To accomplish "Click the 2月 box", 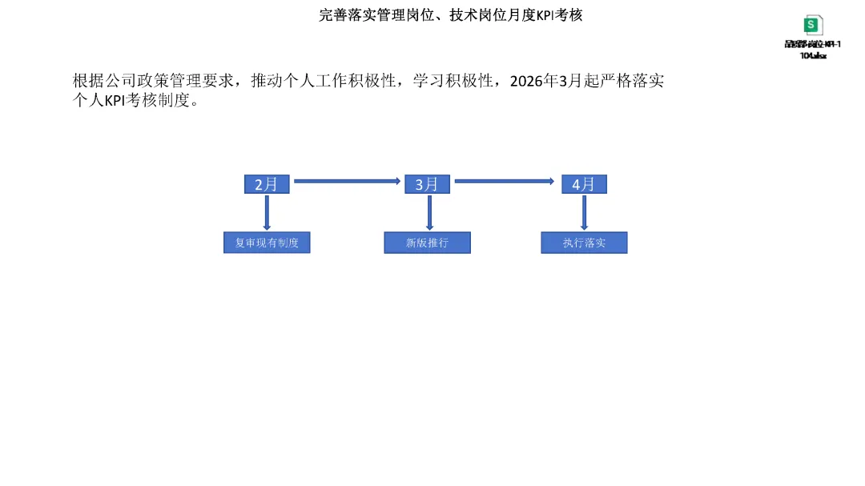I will coord(266,184).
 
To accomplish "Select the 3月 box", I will coord(427,184).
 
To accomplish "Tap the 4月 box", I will coord(584,184).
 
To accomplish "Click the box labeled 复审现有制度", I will coord(267,243).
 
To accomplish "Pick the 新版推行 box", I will coord(427,243).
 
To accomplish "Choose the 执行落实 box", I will coord(584,243).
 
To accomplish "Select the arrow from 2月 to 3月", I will coord(346,182).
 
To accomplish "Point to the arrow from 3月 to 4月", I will coord(504,182).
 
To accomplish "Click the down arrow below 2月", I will coord(267,213).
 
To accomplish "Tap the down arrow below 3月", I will coord(430,213).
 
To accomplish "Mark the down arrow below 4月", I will coord(584,213).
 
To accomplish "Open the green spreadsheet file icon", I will coord(813,25).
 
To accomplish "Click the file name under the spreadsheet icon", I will coord(813,50).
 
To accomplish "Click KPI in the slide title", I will coord(545,15).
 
